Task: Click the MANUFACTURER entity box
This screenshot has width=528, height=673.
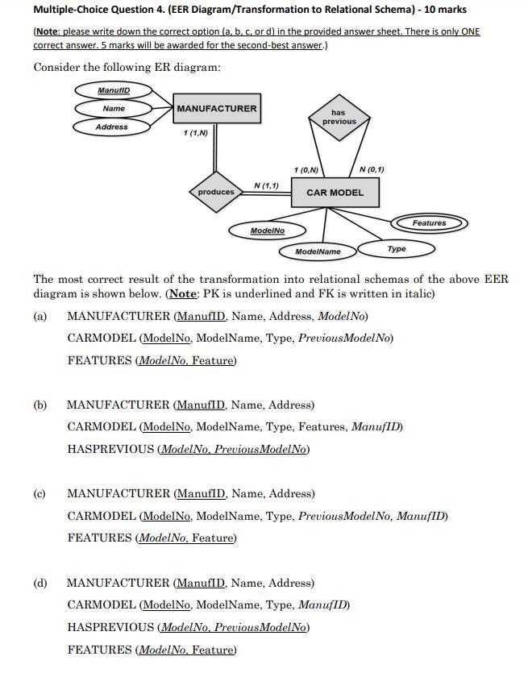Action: pos(217,109)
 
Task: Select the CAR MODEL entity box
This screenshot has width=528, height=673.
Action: pos(335,193)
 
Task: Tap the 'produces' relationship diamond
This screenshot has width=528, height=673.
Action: pos(216,192)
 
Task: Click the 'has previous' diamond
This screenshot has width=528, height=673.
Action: pos(339,118)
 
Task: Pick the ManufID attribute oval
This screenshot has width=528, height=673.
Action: pos(114,89)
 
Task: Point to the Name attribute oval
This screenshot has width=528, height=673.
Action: pos(114,108)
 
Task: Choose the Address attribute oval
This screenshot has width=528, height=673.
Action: pos(111,127)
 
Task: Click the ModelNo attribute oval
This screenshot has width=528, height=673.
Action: pos(268,231)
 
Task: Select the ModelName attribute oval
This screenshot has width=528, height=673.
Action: pos(318,251)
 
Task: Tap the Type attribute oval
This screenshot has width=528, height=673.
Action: pos(397,249)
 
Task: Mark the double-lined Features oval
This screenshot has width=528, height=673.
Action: pos(429,222)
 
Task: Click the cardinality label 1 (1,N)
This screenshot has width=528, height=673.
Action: pos(196,132)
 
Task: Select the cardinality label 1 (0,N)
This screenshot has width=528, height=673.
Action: pos(306,169)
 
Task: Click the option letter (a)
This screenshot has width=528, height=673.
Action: pos(40,317)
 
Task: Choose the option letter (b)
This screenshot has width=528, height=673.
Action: pos(40,405)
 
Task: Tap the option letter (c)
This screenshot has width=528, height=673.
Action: pos(40,494)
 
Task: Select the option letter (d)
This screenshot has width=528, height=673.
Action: pos(40,583)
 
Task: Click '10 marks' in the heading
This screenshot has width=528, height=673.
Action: pos(441,10)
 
